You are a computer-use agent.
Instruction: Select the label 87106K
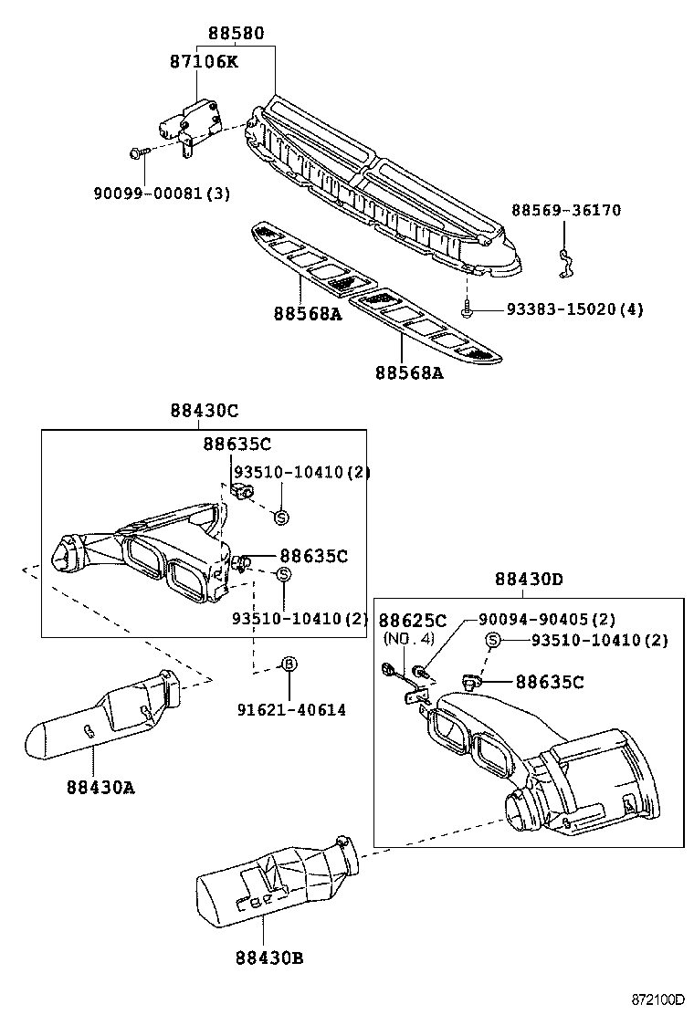tap(204, 62)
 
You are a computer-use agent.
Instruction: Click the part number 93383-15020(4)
tap(574, 309)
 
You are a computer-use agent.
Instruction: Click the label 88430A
tap(100, 787)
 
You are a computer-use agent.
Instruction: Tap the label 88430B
tap(268, 957)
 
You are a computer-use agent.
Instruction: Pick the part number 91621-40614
tap(289, 709)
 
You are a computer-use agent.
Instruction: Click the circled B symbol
tap(288, 664)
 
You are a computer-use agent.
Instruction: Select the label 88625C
tap(413, 621)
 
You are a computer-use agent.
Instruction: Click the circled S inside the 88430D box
tap(493, 640)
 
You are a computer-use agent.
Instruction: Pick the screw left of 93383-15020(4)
tap(468, 310)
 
